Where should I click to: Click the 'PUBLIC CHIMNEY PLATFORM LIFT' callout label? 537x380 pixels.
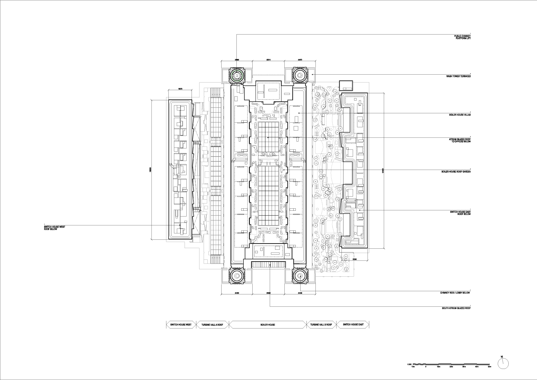point(462,37)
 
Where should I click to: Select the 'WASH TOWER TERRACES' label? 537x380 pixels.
point(458,76)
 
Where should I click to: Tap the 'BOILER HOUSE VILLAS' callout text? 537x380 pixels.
point(459,115)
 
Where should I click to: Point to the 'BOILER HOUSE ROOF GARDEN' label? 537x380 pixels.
point(456,172)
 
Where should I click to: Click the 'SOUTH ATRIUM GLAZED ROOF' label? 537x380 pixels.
point(456,308)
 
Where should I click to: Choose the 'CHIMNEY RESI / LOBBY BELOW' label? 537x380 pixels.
point(455,293)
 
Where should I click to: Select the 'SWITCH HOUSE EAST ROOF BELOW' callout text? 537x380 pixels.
point(460,213)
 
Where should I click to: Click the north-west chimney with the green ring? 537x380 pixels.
point(237,75)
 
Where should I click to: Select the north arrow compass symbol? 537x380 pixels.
point(503,363)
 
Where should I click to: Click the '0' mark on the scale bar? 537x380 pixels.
point(426,367)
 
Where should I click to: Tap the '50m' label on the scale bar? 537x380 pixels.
point(489,367)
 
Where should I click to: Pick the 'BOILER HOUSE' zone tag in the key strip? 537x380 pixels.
point(268,325)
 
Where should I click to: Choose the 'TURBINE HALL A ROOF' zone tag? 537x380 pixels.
point(212,325)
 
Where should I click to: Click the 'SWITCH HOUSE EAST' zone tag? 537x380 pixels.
point(352,325)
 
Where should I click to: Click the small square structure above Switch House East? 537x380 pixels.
point(346,85)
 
